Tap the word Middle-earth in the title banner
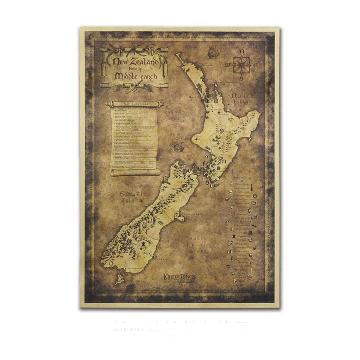tap(135, 76)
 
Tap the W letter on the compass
tap(227, 66)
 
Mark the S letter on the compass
tap(242, 78)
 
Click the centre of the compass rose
tap(242, 65)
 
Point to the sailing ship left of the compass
tap(213, 53)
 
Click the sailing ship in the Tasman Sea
tap(177, 145)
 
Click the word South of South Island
tap(132, 194)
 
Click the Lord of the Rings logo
tap(179, 277)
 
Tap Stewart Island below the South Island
tap(119, 279)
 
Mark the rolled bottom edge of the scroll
tap(135, 172)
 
